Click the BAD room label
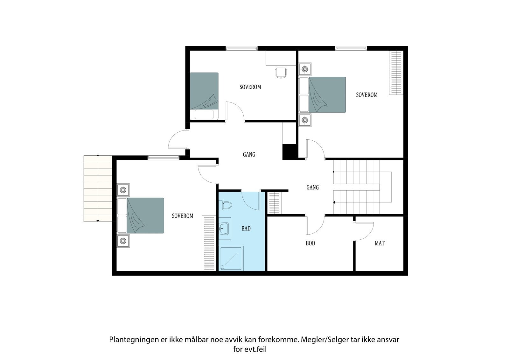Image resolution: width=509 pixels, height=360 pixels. coord(246,228)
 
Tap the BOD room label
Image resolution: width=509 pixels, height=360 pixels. coord(310,243)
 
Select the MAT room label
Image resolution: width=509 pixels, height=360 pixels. coord(380,243)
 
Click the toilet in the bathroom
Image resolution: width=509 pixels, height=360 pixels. coord(225,205)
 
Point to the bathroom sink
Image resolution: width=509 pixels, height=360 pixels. coord(225,229)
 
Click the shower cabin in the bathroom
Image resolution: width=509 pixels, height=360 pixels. coord(231,258)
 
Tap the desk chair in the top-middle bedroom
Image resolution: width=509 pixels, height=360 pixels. coord(281,73)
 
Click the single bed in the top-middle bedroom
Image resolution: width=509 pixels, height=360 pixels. coord(204,96)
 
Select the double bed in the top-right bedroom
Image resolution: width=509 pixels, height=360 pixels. coord(323,95)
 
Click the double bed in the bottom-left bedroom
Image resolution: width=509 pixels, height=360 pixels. coord(141,215)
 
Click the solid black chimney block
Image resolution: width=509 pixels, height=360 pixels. coord(289,152)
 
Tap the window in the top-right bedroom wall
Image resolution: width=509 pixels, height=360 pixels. coord(351,48)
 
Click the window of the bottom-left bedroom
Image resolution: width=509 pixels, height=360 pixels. coord(164,158)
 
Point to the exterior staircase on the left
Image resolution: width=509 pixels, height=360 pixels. coord(98,188)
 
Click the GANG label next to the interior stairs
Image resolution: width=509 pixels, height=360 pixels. coord(312,187)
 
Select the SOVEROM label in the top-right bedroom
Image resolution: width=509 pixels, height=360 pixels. coord(366,95)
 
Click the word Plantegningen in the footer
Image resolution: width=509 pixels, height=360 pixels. coord(134,340)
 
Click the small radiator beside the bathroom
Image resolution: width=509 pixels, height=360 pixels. coord(274,203)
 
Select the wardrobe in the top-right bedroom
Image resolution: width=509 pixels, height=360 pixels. coord(396,73)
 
